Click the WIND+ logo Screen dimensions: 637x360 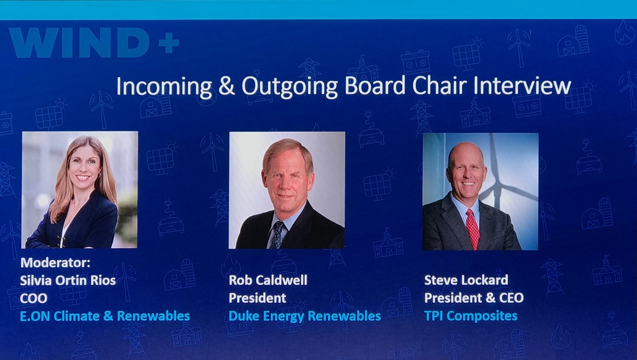point(94,42)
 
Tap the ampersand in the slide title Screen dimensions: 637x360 point(226,86)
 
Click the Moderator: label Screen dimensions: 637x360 point(55,262)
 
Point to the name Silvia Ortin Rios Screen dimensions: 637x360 point(68,280)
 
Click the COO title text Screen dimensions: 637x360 point(34,298)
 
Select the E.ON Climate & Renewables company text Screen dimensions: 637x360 point(105,316)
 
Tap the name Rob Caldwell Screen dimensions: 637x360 point(268,280)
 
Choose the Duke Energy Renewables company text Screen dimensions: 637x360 point(305,316)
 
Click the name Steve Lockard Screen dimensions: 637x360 point(466,280)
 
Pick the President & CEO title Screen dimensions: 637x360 point(473,298)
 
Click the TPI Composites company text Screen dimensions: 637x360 point(471,316)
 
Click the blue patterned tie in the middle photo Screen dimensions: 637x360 point(277,235)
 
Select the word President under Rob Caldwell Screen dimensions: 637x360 point(258,298)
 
